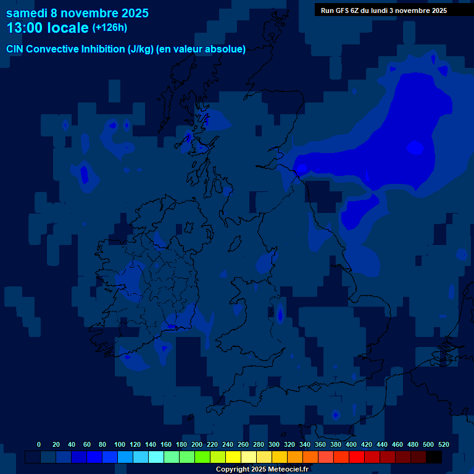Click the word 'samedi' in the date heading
click(x=27, y=13)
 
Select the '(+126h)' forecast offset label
click(x=109, y=28)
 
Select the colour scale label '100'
click(x=120, y=444)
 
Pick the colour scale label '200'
click(x=197, y=444)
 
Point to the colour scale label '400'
click(x=351, y=444)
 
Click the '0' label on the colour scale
click(x=39, y=444)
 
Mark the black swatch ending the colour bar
click(x=434, y=457)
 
